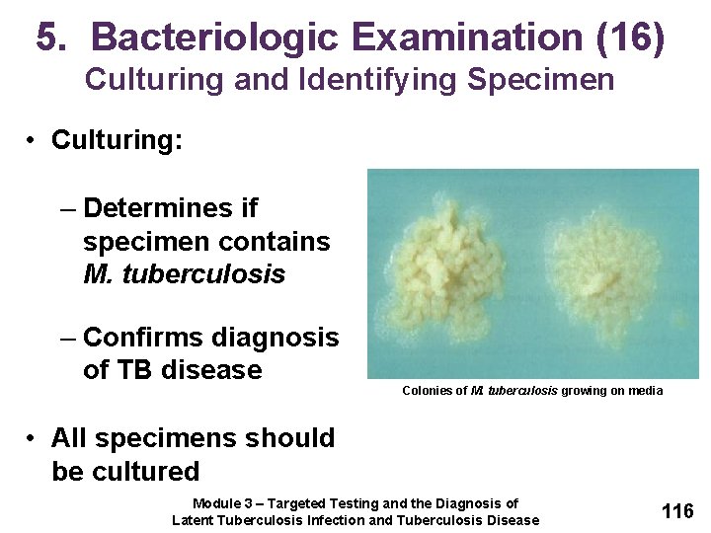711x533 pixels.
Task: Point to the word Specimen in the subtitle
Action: point(541,79)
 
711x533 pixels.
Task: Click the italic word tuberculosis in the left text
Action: point(203,274)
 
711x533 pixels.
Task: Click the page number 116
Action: point(676,511)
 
